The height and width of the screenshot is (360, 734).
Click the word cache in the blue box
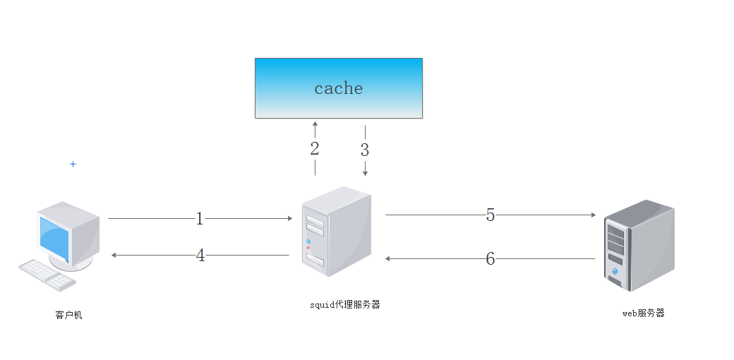(x=339, y=88)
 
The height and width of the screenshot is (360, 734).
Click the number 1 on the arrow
(x=200, y=219)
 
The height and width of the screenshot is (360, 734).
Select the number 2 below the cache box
(x=315, y=149)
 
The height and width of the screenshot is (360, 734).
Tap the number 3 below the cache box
(x=365, y=150)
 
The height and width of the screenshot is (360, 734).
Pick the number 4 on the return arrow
(x=200, y=255)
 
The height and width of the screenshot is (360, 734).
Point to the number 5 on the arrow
(x=491, y=215)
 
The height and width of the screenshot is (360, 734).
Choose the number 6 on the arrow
(x=491, y=259)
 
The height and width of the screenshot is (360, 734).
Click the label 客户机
(x=68, y=315)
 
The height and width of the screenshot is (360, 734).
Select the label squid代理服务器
(x=345, y=304)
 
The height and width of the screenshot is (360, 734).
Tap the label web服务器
(x=643, y=313)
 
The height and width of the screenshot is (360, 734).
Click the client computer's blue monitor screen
(x=54, y=239)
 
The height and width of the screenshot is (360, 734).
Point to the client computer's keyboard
(x=46, y=275)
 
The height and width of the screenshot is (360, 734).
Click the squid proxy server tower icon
(x=336, y=232)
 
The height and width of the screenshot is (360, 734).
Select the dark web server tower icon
(x=639, y=244)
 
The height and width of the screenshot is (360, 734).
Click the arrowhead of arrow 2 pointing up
(x=315, y=124)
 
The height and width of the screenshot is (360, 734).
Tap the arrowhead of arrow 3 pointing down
(x=365, y=173)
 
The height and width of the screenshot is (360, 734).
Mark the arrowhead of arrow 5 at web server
(x=593, y=215)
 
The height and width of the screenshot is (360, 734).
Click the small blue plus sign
(x=73, y=164)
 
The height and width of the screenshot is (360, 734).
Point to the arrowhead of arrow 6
(x=388, y=259)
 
